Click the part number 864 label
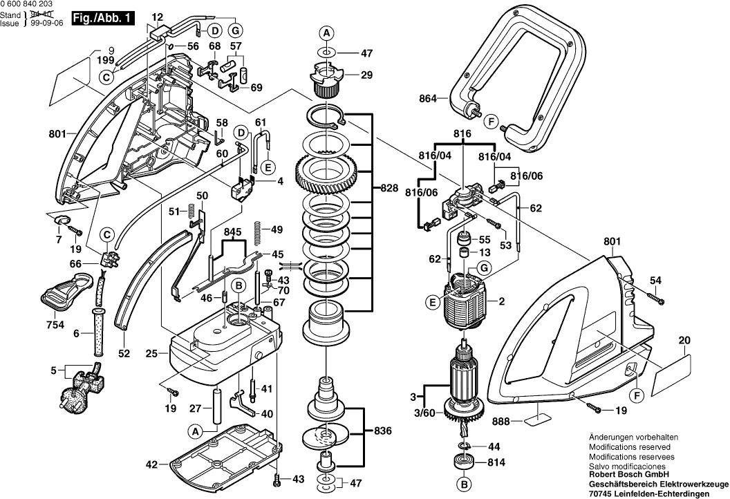pyautogui.click(x=428, y=99)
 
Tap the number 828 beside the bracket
pyautogui.click(x=389, y=187)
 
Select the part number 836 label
pyautogui.click(x=382, y=431)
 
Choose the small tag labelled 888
pyautogui.click(x=537, y=418)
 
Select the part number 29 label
pyautogui.click(x=367, y=75)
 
